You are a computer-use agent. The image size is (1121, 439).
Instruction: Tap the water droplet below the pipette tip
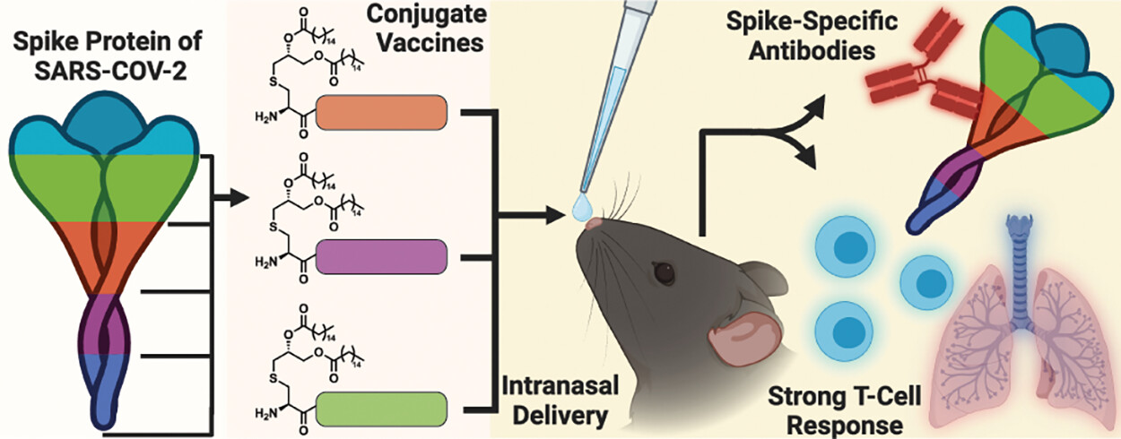click(579, 209)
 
